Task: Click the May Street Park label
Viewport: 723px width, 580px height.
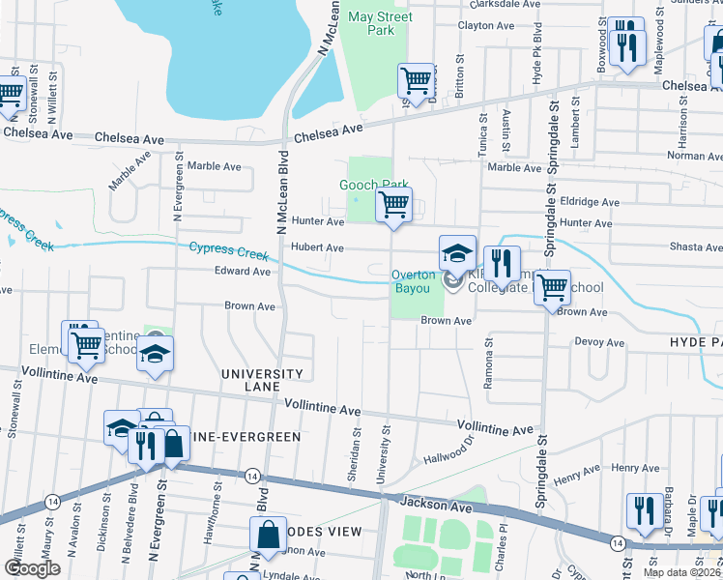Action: point(372,23)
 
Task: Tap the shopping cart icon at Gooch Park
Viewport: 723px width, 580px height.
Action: point(393,205)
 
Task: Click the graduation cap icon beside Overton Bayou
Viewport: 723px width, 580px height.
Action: point(457,253)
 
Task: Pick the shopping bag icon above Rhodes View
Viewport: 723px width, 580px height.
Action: point(269,534)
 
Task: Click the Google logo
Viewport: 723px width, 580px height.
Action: point(32,568)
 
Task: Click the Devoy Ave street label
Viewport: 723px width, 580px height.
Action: point(601,342)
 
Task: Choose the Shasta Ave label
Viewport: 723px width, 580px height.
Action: point(696,247)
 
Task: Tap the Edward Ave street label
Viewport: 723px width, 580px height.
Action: point(243,273)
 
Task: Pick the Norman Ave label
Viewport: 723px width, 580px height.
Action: point(695,156)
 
